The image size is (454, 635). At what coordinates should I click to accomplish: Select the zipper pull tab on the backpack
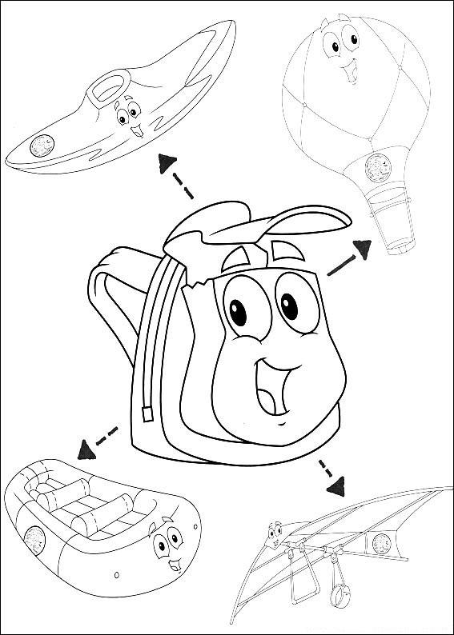click(x=147, y=413)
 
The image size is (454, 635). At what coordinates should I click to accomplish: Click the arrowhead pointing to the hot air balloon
click(x=362, y=250)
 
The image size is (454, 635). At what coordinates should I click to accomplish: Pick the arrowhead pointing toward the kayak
click(x=167, y=162)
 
